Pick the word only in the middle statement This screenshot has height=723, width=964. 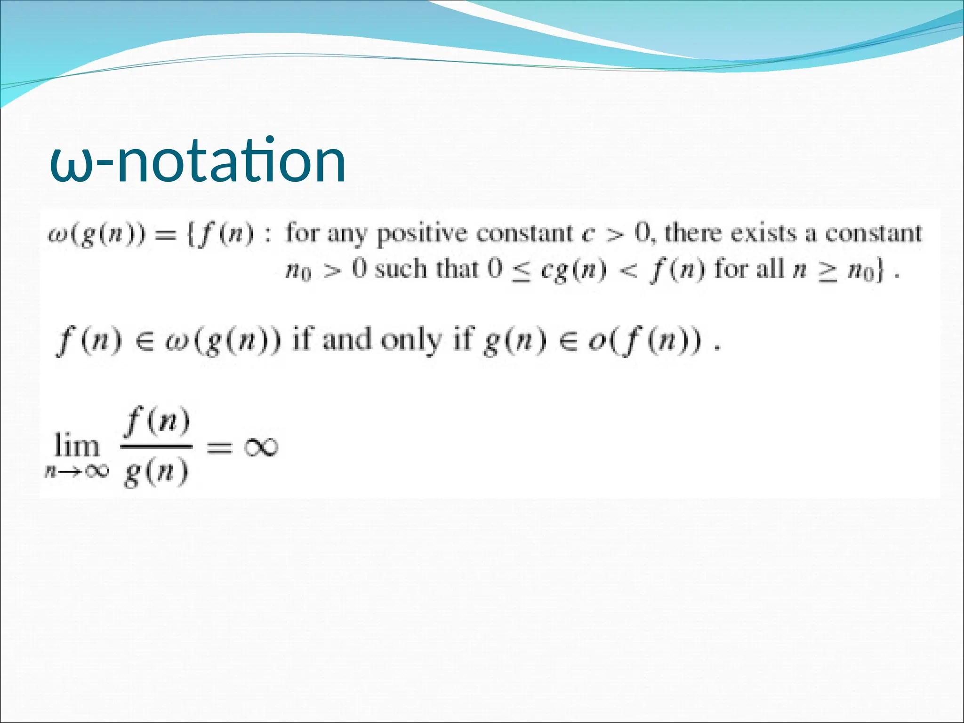pyautogui.click(x=411, y=340)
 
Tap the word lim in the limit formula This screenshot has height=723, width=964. pyautogui.click(x=77, y=446)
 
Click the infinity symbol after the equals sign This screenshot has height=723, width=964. pyautogui.click(x=261, y=447)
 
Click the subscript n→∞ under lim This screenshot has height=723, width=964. pyautogui.click(x=77, y=471)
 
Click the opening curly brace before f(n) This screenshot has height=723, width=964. pyautogui.click(x=191, y=234)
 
